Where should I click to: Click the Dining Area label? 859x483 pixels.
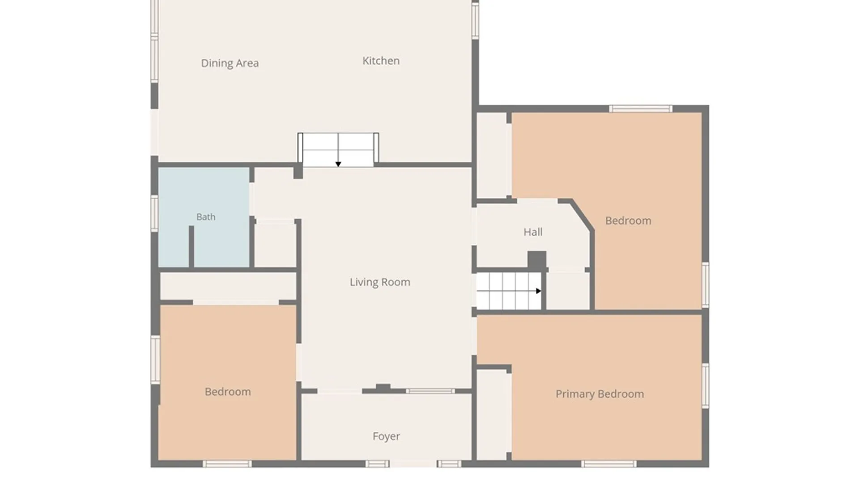click(230, 63)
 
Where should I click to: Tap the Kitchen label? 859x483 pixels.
click(381, 61)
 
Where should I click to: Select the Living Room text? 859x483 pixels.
click(380, 282)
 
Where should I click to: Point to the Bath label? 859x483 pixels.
click(206, 217)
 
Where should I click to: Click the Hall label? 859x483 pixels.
click(533, 232)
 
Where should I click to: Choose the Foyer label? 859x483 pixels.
click(386, 436)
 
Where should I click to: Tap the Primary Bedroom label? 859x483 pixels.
click(600, 394)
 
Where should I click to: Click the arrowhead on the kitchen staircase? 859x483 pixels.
click(338, 164)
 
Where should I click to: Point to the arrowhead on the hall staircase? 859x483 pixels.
click(539, 291)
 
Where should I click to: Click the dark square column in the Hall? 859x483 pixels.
click(537, 260)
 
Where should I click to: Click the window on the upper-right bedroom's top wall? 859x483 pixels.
click(641, 109)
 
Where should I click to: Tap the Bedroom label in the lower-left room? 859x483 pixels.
click(228, 392)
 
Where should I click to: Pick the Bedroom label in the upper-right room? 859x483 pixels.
click(628, 220)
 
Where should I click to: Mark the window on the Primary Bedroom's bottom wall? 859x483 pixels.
click(608, 464)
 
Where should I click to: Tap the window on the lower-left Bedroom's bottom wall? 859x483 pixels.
click(227, 464)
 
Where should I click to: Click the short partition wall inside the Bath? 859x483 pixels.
click(191, 247)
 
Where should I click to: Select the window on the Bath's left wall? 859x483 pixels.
click(154, 213)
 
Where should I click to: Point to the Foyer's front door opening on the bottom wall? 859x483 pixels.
click(413, 464)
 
